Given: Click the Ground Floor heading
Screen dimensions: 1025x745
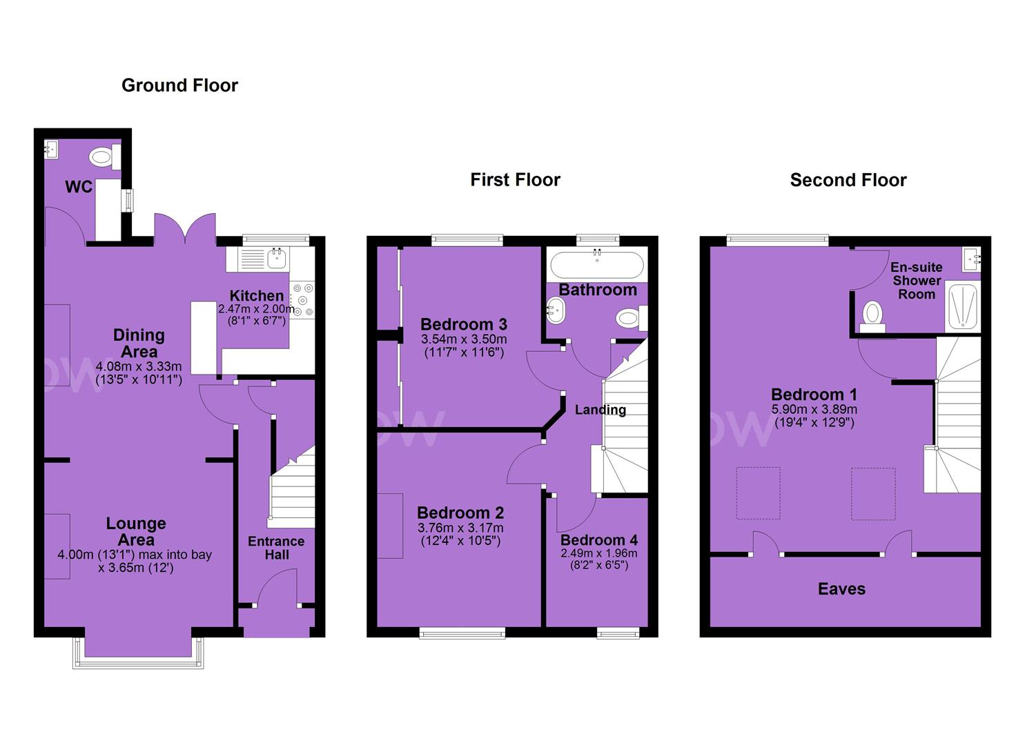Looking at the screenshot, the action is (x=180, y=86).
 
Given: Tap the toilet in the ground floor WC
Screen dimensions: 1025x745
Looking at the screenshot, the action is (x=105, y=157).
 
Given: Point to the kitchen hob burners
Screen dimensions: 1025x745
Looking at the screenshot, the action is (x=302, y=299).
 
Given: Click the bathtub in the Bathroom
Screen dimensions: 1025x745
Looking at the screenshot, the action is (x=597, y=264).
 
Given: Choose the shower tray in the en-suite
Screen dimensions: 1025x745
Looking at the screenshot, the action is (x=962, y=306).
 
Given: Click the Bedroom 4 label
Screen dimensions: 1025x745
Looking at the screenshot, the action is (x=599, y=539).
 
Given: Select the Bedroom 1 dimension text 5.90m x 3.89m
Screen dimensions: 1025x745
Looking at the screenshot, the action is (x=814, y=409).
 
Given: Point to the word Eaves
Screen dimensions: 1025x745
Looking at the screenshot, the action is (x=841, y=588).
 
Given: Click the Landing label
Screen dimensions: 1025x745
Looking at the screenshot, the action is (x=601, y=410).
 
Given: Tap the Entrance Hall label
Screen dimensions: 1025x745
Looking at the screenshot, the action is (x=276, y=548).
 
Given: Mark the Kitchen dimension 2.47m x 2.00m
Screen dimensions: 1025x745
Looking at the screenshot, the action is (x=256, y=309).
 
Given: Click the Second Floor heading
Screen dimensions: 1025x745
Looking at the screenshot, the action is (x=848, y=180).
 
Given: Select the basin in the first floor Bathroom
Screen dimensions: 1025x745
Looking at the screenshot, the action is (x=555, y=310).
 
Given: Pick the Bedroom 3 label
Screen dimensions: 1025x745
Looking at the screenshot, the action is (x=464, y=324).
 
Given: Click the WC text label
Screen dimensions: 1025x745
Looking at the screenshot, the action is (x=79, y=186).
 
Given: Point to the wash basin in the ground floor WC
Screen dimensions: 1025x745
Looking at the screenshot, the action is (x=51, y=149).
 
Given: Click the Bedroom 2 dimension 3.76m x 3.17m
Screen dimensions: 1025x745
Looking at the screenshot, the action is (x=460, y=528).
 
